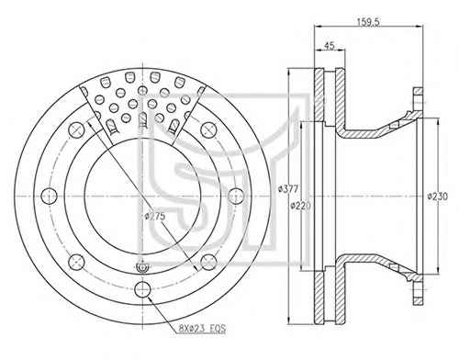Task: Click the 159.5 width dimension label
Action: (368, 22)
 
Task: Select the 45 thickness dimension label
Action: (330, 46)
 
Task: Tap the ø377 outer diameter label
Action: (288, 189)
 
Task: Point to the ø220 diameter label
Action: (300, 206)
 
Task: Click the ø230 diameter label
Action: (437, 197)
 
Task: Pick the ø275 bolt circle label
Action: (155, 216)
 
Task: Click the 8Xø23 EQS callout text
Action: (202, 329)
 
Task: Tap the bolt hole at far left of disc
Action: (49, 197)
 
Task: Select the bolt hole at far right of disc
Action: (236, 197)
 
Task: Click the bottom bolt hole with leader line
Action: (142, 289)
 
